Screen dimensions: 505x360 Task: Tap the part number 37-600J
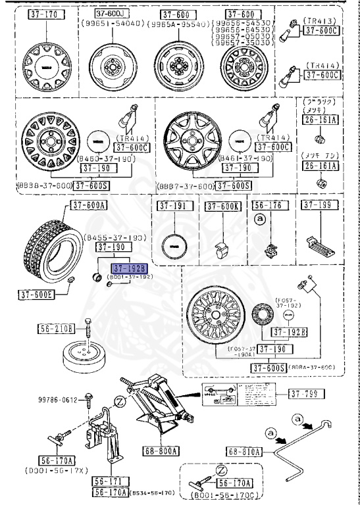[110, 13]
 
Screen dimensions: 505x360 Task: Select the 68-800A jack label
[163, 452]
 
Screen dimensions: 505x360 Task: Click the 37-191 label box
[173, 206]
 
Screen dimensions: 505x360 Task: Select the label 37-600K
[221, 206]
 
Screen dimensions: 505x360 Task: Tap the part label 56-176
[267, 206]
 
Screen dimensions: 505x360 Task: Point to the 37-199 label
[318, 206]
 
